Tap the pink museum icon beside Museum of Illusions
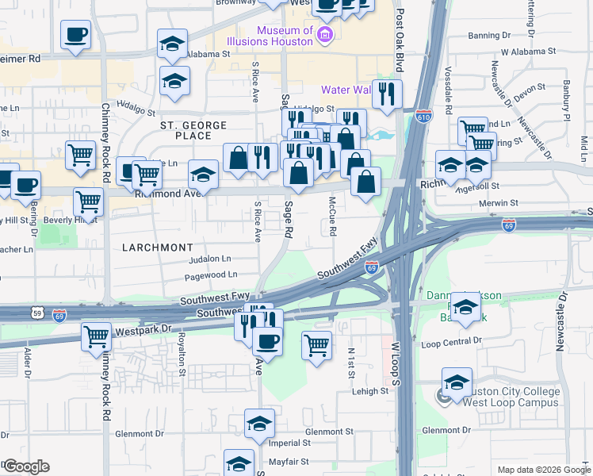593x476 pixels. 324,33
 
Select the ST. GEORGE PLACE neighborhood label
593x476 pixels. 193,125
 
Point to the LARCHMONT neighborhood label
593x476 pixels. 157,248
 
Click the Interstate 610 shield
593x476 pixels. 424,117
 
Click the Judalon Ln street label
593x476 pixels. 210,259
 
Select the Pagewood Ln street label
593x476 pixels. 211,274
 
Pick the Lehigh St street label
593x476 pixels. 373,390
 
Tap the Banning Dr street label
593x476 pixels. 489,36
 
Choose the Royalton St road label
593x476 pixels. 182,353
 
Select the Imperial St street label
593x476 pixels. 293,443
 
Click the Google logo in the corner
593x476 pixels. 25,466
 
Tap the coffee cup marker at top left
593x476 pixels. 76,35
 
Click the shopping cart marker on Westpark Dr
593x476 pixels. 97,336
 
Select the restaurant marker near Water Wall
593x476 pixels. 387,94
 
